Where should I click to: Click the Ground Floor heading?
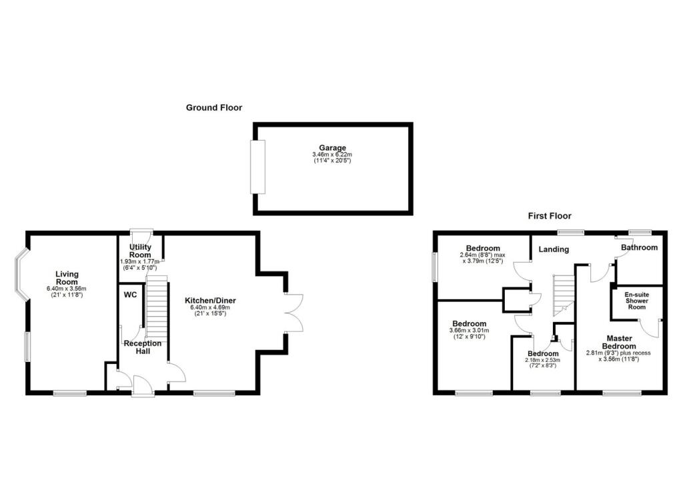click(213, 107)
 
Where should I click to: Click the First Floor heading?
click(550, 216)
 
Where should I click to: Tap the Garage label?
click(332, 148)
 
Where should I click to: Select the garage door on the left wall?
click(257, 167)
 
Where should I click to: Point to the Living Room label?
click(67, 278)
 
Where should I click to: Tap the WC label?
click(130, 294)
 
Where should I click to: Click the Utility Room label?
click(140, 251)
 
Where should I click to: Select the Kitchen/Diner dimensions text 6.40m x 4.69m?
click(210, 309)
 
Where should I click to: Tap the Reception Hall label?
click(143, 347)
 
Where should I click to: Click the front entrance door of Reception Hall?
click(142, 385)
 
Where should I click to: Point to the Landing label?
click(554, 249)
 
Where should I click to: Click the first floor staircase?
click(564, 295)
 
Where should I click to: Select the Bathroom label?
click(639, 247)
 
